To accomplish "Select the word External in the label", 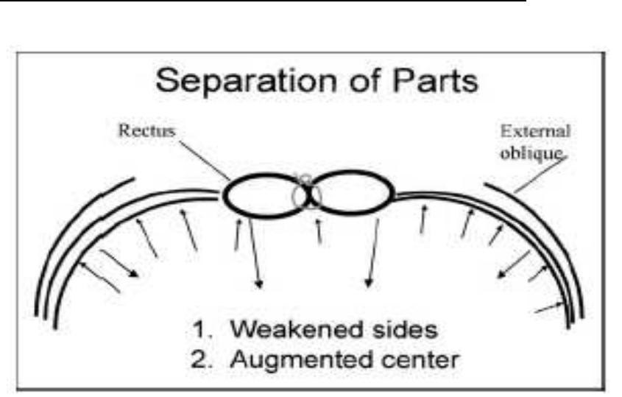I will [534, 133].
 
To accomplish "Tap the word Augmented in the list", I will [299, 360].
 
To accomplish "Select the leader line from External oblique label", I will [542, 175].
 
